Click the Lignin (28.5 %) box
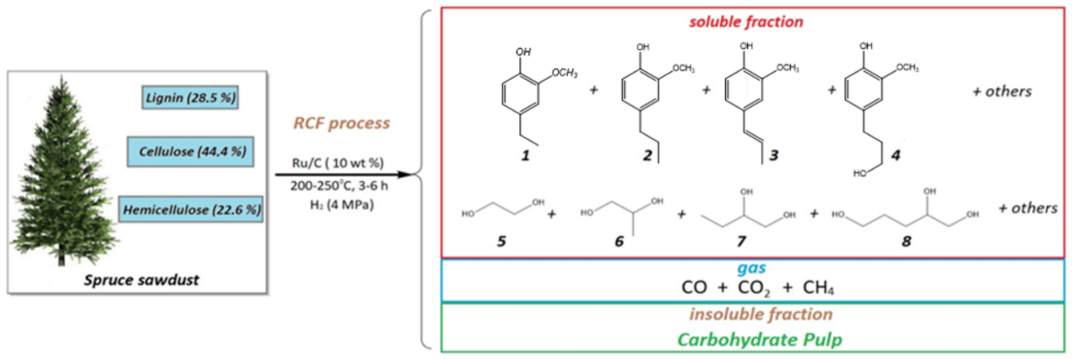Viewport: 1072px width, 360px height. click(190, 97)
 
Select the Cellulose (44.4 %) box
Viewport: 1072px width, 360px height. click(190, 151)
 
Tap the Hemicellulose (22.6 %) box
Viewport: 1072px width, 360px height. click(191, 210)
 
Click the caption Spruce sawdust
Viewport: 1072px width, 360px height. click(141, 280)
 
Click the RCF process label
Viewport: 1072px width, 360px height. click(342, 123)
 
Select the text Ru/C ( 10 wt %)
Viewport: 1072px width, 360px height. click(338, 163)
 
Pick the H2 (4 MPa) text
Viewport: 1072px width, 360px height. click(342, 205)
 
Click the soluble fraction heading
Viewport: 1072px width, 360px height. click(746, 22)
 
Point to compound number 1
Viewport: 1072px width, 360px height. click(525, 156)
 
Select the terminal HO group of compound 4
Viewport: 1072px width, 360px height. click(860, 174)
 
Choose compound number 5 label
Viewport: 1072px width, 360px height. click(501, 241)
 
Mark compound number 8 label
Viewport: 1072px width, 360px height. click(906, 241)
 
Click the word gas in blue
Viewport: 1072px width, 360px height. click(751, 268)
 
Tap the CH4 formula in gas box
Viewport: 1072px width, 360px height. click(818, 287)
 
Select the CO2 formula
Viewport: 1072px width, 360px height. click(754, 288)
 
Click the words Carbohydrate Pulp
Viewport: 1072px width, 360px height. click(760, 339)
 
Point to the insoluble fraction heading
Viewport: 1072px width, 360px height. click(761, 314)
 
